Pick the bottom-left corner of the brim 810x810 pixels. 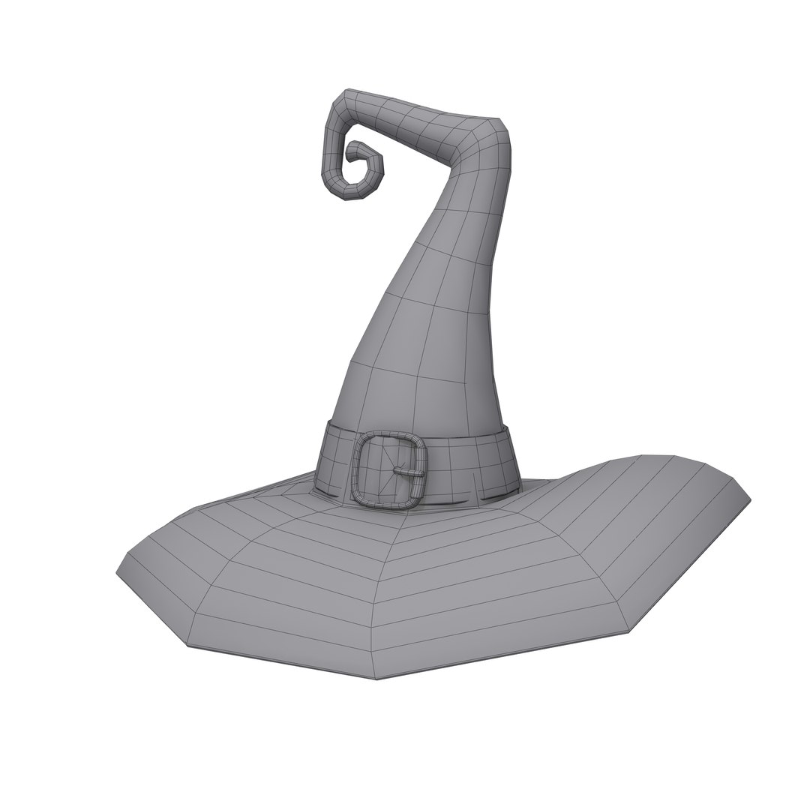click(x=187, y=645)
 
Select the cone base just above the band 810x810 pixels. click(x=412, y=405)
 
